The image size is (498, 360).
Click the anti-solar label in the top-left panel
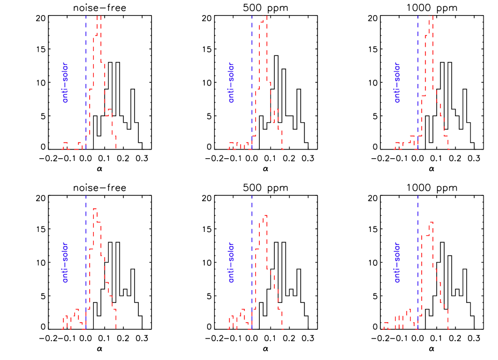click(66, 82)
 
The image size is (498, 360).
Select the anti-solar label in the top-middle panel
click(231, 82)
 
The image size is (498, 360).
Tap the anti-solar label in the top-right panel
click(397, 82)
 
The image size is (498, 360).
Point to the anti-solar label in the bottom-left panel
click(66, 262)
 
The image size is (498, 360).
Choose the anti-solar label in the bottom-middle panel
click(231, 262)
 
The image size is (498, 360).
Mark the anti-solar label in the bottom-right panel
click(397, 262)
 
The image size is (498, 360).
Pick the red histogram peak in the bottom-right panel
click(431, 224)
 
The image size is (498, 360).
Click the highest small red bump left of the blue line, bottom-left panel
click(77, 310)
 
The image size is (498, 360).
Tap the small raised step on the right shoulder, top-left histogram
click(110, 111)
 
